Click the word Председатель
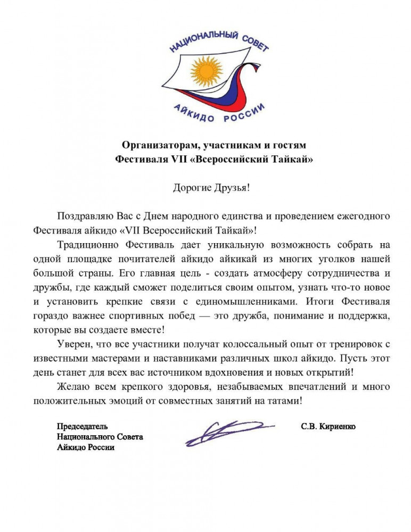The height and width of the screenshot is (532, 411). (x=83, y=426)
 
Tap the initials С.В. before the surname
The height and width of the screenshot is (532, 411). (x=309, y=426)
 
